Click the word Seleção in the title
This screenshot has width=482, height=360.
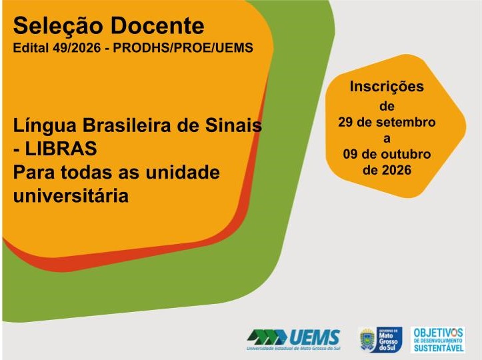point(57,26)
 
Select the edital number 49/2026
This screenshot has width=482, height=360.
point(77,47)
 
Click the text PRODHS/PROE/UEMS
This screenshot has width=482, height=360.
point(183,47)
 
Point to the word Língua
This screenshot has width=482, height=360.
point(45,126)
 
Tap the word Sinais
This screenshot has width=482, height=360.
point(233,125)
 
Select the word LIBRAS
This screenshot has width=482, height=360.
point(61,149)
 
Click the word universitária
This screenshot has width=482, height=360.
point(71,195)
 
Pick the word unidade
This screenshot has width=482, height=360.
point(182,172)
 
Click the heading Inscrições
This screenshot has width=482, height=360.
point(387,87)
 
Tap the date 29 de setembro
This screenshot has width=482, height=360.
point(387,122)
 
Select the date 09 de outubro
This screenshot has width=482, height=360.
point(387,154)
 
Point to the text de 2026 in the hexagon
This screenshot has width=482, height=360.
point(387,170)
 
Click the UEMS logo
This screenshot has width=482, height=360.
point(293,339)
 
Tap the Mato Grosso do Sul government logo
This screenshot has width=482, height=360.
point(381,339)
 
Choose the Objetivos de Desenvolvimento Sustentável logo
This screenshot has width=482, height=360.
point(438,340)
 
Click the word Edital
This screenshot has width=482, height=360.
point(31,47)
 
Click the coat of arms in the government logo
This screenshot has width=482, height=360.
point(367,340)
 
